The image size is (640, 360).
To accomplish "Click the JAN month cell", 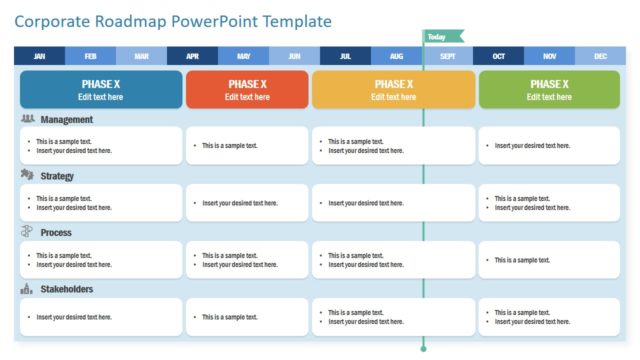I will tap(39, 56).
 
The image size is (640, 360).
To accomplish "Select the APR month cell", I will tap(192, 56).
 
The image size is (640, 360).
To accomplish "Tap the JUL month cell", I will tap(346, 56).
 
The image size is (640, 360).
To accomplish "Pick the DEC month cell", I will tap(600, 56).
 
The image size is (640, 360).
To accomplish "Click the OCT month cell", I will tap(498, 56).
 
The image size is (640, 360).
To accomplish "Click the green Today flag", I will tap(441, 37).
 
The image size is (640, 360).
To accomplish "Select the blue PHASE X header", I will tap(101, 90).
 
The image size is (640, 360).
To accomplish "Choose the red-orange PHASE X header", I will tap(247, 90).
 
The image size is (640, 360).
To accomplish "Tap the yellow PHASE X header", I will tap(393, 90).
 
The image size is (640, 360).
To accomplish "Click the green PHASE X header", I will tap(549, 90).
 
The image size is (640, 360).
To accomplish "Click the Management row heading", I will tap(67, 119).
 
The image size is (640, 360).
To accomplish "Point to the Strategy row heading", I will tap(57, 176).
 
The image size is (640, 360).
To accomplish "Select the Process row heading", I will tap(56, 233).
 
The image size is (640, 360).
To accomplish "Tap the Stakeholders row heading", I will tap(67, 289).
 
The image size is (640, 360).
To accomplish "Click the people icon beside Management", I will tap(28, 118).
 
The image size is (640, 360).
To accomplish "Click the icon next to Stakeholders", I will tap(28, 289).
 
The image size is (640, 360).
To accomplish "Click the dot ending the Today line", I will tap(423, 349).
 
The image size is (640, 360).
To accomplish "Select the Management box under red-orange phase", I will tap(247, 146).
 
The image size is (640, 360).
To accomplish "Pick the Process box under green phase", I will tap(549, 260).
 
